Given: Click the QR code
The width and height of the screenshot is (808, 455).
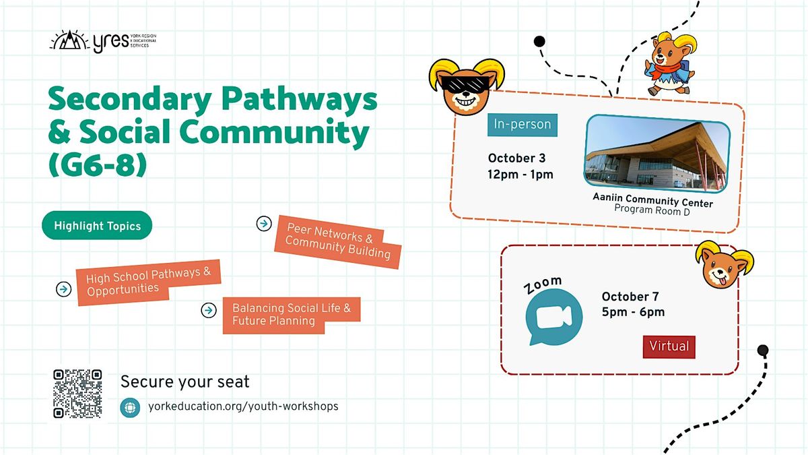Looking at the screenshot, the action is click(x=77, y=394).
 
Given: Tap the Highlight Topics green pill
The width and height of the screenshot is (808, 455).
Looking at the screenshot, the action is click(x=97, y=225).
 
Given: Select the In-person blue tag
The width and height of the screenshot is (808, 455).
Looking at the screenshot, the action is click(x=523, y=125).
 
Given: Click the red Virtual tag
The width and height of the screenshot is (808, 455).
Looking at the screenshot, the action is click(x=669, y=346).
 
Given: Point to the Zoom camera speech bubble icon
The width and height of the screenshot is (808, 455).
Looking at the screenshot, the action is click(x=553, y=317).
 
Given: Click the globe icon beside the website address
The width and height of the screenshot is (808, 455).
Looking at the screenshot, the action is click(x=130, y=408).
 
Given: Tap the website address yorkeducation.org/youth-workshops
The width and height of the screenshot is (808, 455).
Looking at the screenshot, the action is click(x=243, y=406).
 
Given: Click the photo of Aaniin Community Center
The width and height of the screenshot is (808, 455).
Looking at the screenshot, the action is click(x=657, y=154).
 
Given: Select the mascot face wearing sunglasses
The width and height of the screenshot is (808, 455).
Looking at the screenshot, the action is click(x=466, y=87).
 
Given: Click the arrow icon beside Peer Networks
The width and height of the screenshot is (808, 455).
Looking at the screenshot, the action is click(x=264, y=224).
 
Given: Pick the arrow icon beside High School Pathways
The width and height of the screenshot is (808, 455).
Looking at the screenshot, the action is click(x=63, y=289).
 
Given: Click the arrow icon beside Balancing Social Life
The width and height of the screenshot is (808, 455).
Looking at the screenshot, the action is click(x=209, y=310).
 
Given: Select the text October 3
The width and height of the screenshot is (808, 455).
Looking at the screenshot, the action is click(x=516, y=158).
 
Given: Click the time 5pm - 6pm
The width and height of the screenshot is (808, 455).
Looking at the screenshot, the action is click(x=633, y=312).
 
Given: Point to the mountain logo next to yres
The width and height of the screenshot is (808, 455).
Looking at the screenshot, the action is click(x=69, y=40).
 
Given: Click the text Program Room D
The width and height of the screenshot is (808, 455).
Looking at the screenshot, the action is click(x=652, y=210).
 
